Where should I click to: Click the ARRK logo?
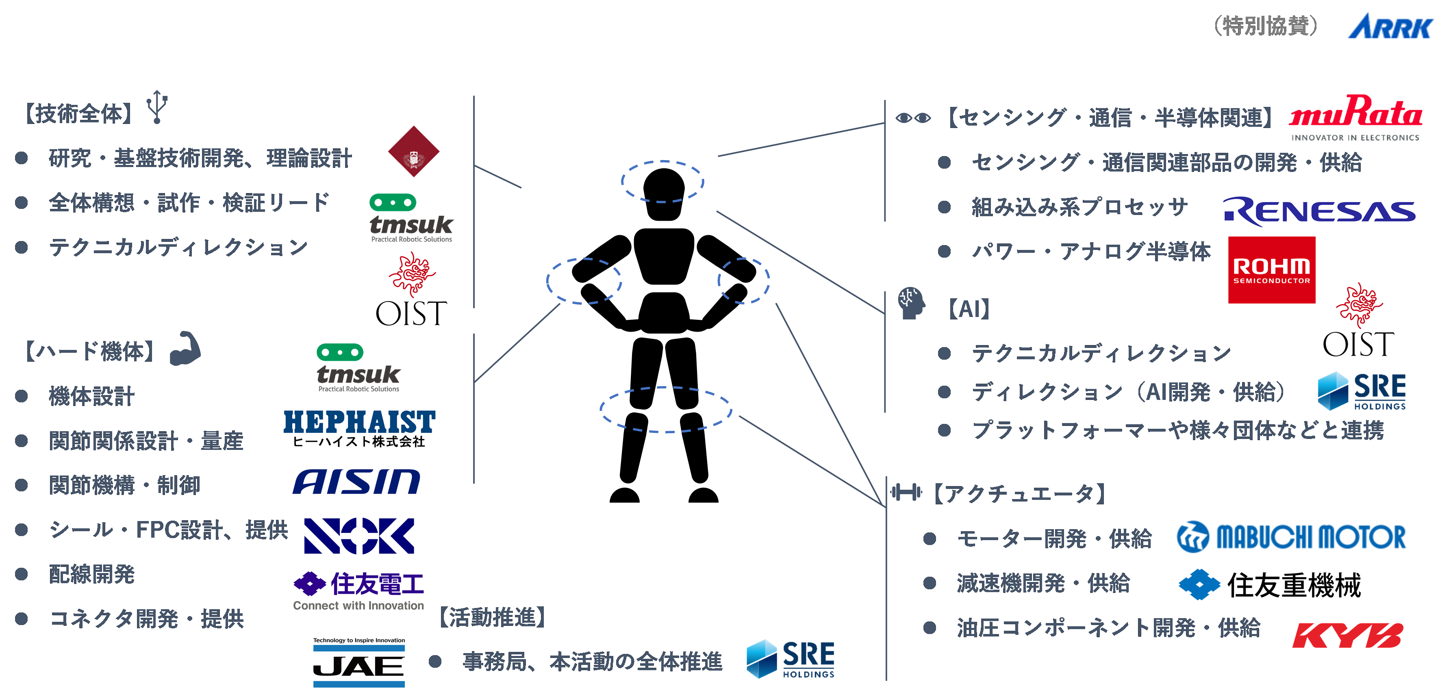click(1388, 26)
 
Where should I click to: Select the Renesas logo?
click(1319, 212)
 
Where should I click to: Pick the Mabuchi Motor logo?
click(1291, 537)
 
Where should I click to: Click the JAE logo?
click(359, 663)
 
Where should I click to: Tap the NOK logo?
click(359, 536)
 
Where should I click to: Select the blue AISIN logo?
click(356, 482)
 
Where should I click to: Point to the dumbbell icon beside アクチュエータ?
click(906, 493)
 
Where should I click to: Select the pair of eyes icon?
click(913, 118)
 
